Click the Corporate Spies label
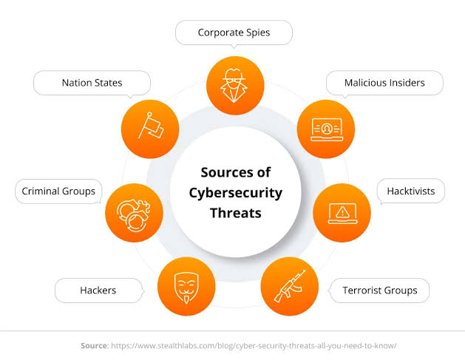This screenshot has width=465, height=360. coord(234,33)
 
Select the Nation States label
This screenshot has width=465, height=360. coord(92,83)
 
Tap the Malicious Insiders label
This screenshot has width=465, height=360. coord(384,83)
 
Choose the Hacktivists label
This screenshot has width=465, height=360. coord(411,191)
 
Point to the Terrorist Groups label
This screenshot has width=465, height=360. coord(379,291)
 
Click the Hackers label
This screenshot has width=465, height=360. coord(98,291)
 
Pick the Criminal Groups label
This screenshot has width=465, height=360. coord(58,191)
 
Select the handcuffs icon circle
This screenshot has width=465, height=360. coord(135,213)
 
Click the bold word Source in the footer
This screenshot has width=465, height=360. coord(94,345)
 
